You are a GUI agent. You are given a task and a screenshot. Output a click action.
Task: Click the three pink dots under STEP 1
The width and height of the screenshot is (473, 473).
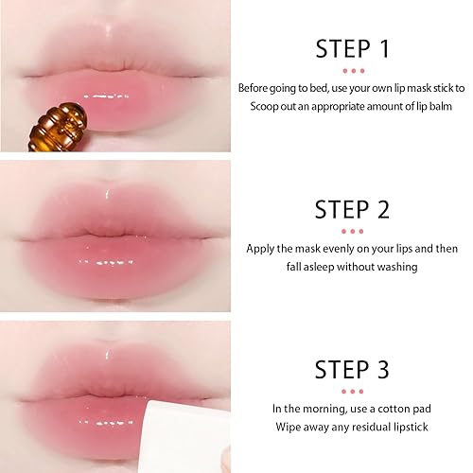(352, 70)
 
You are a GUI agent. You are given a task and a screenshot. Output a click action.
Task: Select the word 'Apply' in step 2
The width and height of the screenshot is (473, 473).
(261, 248)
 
